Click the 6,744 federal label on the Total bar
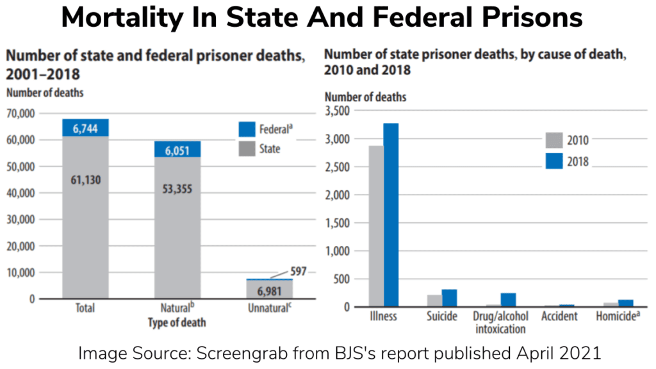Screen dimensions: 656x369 [x=85, y=128]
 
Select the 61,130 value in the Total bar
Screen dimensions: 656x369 [x=86, y=180]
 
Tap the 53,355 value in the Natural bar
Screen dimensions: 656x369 [x=177, y=189]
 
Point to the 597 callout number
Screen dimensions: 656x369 [x=299, y=271]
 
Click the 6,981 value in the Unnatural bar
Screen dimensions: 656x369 [x=270, y=291]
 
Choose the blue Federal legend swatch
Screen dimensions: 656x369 [x=247, y=129]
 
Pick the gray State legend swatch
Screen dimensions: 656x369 [x=247, y=149]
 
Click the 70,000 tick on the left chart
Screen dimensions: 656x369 [x=20, y=113]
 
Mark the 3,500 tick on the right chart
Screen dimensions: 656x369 [x=337, y=111]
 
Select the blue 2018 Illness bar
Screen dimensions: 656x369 [x=391, y=215]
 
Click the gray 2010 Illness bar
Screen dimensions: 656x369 [x=376, y=226]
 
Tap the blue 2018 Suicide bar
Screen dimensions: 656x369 [x=449, y=298]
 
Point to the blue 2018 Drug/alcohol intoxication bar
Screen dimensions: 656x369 [x=508, y=300]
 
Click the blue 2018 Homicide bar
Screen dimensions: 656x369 [x=626, y=303]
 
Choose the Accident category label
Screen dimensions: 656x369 [x=559, y=316]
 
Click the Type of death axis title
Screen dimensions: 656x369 [x=177, y=323]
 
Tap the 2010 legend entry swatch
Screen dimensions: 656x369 [x=554, y=140]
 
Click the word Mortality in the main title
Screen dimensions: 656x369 [x=122, y=17]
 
